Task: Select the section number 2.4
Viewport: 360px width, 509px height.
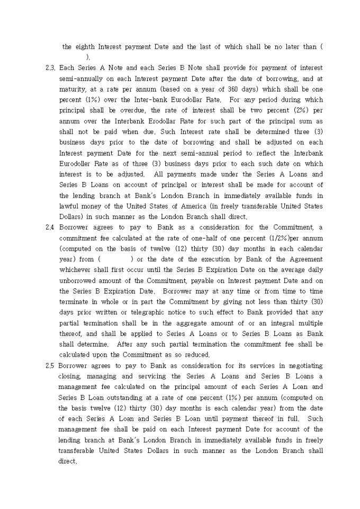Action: point(51,228)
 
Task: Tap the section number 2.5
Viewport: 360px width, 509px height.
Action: point(51,366)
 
